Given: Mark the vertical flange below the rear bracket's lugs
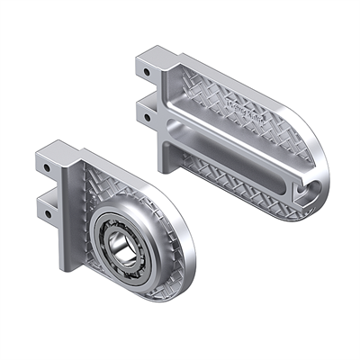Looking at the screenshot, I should (x=167, y=148).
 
